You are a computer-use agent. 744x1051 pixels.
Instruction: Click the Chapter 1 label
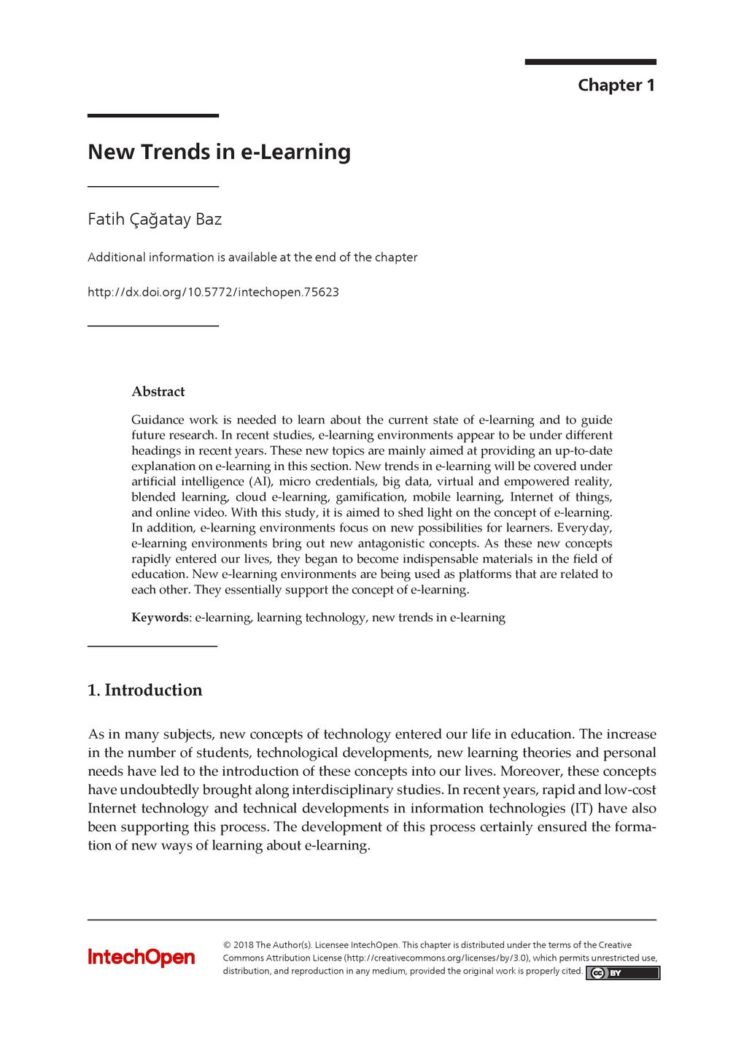616,85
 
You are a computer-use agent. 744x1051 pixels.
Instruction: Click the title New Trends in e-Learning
219,152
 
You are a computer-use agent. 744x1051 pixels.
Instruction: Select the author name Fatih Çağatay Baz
155,219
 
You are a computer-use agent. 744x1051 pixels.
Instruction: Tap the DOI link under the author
213,292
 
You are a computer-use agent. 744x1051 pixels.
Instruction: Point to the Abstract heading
158,392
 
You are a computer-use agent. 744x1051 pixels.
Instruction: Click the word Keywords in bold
160,617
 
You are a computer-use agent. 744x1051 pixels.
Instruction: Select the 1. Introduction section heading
145,690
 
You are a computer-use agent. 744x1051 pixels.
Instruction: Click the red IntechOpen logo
142,957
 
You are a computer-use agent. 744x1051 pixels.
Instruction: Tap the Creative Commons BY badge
622,973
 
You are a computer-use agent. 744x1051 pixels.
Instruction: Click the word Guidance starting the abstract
158,420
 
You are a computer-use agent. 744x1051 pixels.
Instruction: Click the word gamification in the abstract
370,497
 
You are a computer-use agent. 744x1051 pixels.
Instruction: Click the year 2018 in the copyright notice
243,945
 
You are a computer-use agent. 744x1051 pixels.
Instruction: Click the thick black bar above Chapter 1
590,62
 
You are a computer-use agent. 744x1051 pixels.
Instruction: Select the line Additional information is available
252,257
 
